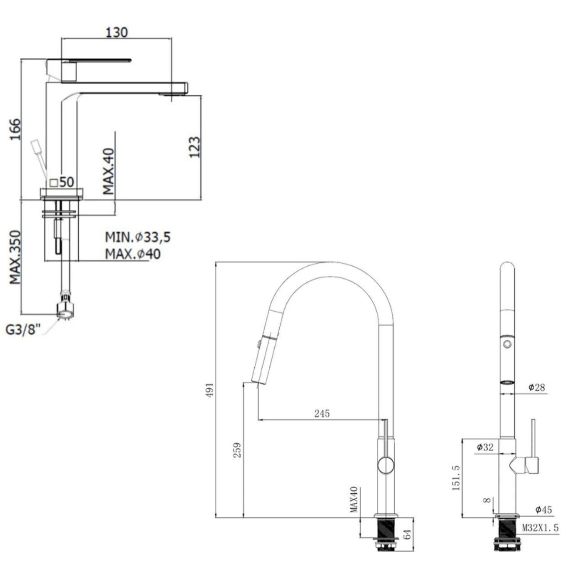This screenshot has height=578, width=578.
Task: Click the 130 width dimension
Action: (117, 32)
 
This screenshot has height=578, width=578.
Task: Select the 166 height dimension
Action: (15, 129)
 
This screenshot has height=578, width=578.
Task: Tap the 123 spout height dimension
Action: (194, 147)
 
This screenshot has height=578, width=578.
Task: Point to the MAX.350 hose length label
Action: (15, 257)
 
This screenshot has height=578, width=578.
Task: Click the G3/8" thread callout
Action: (23, 329)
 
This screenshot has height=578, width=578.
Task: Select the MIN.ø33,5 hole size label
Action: (137, 237)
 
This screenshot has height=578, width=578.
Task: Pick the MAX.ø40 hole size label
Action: (132, 254)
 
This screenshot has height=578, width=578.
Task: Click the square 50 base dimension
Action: (62, 182)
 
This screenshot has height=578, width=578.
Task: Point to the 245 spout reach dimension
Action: (321, 413)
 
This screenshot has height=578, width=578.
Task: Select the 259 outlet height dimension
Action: (237, 450)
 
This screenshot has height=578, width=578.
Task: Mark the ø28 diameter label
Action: (536, 387)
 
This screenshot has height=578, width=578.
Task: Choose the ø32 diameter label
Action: (485, 447)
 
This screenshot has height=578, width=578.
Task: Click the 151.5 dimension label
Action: (456, 478)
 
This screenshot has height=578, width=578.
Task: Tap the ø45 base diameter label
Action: (543, 510)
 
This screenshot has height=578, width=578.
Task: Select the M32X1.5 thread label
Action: (540, 528)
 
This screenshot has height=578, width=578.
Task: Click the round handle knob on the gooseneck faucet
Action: (386, 465)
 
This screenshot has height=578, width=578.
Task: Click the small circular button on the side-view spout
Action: (507, 344)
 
